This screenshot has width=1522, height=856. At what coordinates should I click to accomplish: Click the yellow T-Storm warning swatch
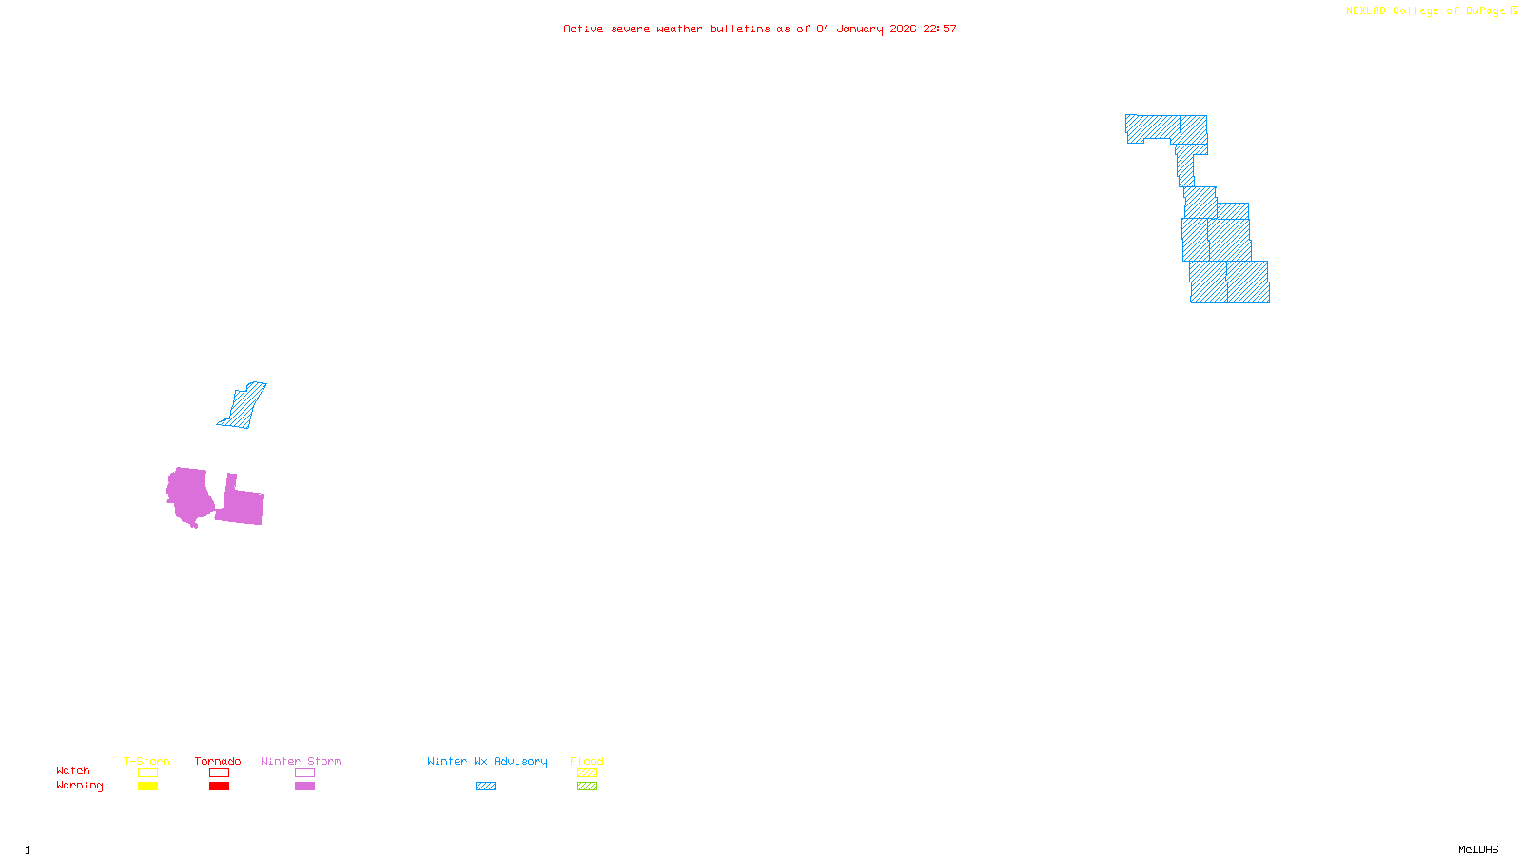(147, 787)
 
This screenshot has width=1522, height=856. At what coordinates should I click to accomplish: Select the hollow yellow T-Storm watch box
(147, 773)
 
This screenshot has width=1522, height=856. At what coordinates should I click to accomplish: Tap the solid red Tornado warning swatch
(219, 787)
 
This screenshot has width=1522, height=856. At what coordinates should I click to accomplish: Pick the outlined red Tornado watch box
(219, 773)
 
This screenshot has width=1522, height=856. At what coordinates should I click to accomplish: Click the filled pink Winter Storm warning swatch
(304, 787)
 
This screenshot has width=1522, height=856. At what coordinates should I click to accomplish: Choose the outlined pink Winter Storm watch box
(304, 773)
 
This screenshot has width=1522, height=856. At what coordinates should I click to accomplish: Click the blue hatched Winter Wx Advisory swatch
(485, 787)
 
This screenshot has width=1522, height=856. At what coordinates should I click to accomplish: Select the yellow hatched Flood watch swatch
(587, 773)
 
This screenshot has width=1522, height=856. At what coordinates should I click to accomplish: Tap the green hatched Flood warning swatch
(587, 787)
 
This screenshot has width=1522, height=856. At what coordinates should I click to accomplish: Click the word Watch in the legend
(73, 770)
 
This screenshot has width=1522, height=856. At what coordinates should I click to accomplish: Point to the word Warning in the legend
(79, 786)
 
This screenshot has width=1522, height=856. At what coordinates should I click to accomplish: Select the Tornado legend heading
(218, 761)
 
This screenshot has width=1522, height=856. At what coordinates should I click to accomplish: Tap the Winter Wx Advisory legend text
(487, 761)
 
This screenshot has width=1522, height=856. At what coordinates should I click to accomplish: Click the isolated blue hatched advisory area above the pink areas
(244, 406)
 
